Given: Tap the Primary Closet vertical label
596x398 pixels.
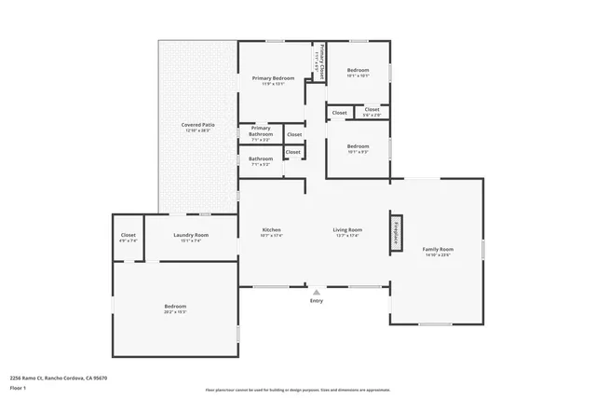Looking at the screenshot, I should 318,59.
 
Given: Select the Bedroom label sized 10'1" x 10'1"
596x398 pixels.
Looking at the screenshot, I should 358,73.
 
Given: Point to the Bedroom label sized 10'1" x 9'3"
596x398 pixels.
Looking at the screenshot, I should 358,148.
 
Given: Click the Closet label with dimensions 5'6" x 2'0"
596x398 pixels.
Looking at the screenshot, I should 372,112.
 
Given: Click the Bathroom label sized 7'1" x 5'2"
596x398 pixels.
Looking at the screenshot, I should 261,160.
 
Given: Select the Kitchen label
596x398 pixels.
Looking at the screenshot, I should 272,232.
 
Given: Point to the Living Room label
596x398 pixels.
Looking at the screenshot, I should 347,232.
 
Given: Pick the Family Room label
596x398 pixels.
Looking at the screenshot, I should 437,252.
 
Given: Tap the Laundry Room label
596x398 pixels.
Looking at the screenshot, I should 190,238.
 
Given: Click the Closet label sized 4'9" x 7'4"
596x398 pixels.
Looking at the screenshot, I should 129,238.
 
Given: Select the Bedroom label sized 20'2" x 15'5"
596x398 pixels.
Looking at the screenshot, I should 175,309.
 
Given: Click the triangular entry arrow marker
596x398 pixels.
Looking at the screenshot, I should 317,291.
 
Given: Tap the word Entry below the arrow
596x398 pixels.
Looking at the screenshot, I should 317,301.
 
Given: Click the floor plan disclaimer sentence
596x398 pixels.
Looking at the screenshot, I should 297,389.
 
